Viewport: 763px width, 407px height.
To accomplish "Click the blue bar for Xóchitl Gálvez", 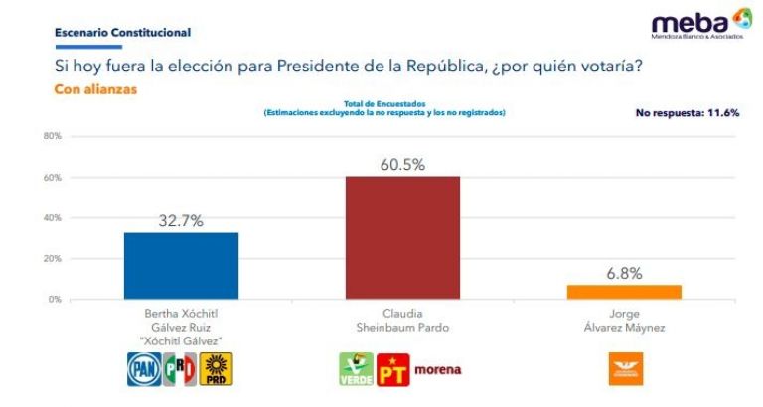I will point(181,265).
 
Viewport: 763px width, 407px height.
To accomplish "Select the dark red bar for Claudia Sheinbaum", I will point(402,237).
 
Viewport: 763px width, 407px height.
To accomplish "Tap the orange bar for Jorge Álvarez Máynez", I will point(625,292).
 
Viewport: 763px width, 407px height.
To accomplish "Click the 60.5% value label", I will point(402,165).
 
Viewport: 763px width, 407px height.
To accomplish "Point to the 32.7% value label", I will point(181,221).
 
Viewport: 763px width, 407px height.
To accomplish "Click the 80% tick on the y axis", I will point(53,136).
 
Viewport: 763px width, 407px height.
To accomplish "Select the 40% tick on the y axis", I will point(53,217).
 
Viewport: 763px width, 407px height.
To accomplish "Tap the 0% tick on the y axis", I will point(55,299).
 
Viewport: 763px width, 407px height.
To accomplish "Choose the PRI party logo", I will point(180,369).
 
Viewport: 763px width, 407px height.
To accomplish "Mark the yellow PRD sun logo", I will point(217,369).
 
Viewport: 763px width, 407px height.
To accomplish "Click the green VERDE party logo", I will point(355,369).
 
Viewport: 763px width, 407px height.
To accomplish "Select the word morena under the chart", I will point(437,370).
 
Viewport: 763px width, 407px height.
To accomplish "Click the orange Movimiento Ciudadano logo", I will point(625,368).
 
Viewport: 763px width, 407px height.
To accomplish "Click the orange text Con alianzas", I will point(95,88).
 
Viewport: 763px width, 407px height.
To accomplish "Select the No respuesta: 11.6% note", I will point(687,113).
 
